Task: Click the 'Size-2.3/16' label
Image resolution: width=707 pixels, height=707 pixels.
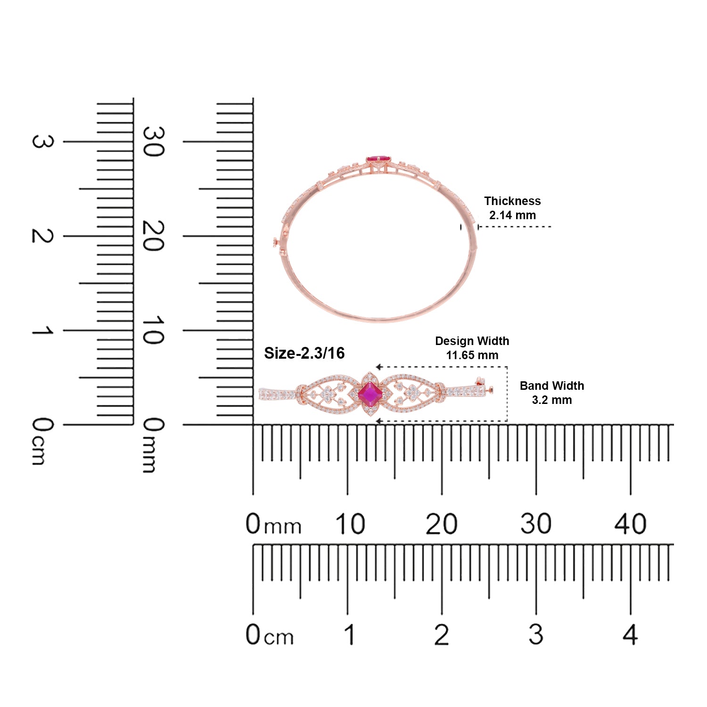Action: pos(304,353)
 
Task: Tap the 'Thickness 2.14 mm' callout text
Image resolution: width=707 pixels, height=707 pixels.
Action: pos(512,208)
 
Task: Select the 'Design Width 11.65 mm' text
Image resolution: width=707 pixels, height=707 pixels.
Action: pos(472,348)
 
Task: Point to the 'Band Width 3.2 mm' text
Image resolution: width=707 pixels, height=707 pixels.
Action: pos(552,393)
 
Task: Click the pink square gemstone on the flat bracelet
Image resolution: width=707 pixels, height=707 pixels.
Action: pos(370,394)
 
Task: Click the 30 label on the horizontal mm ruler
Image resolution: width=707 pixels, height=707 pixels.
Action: pos(536,524)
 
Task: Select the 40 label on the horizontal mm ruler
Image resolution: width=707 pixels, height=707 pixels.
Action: pos(630,524)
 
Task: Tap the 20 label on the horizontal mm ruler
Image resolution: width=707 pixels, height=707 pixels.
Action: pos(441,524)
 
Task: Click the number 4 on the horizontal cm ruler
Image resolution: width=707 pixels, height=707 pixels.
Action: pos(630,635)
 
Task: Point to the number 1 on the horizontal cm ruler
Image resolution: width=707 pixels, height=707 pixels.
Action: pos(349,635)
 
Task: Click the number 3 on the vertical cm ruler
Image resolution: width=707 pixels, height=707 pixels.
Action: pos(42,141)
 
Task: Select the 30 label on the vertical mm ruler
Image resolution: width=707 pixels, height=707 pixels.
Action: pos(153,141)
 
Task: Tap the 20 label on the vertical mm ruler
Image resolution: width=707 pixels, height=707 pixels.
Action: pos(153,236)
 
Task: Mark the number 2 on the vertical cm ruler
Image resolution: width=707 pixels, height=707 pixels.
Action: pos(42,236)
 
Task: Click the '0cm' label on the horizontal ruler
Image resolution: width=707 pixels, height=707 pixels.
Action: pos(270,635)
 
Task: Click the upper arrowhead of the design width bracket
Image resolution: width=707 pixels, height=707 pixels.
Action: pos(378,367)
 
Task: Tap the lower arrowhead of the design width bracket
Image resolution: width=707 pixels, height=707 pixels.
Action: pos(378,421)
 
